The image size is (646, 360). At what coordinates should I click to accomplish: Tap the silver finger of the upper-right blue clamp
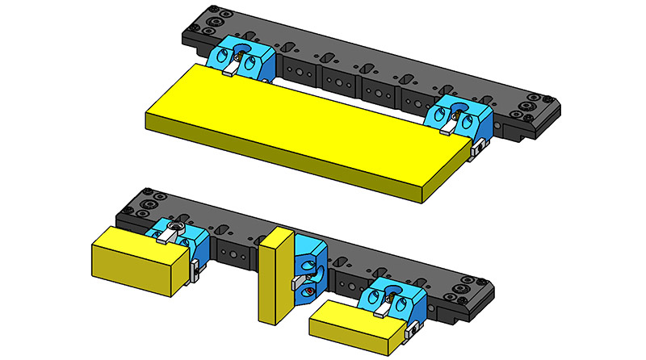[x=447, y=125]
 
